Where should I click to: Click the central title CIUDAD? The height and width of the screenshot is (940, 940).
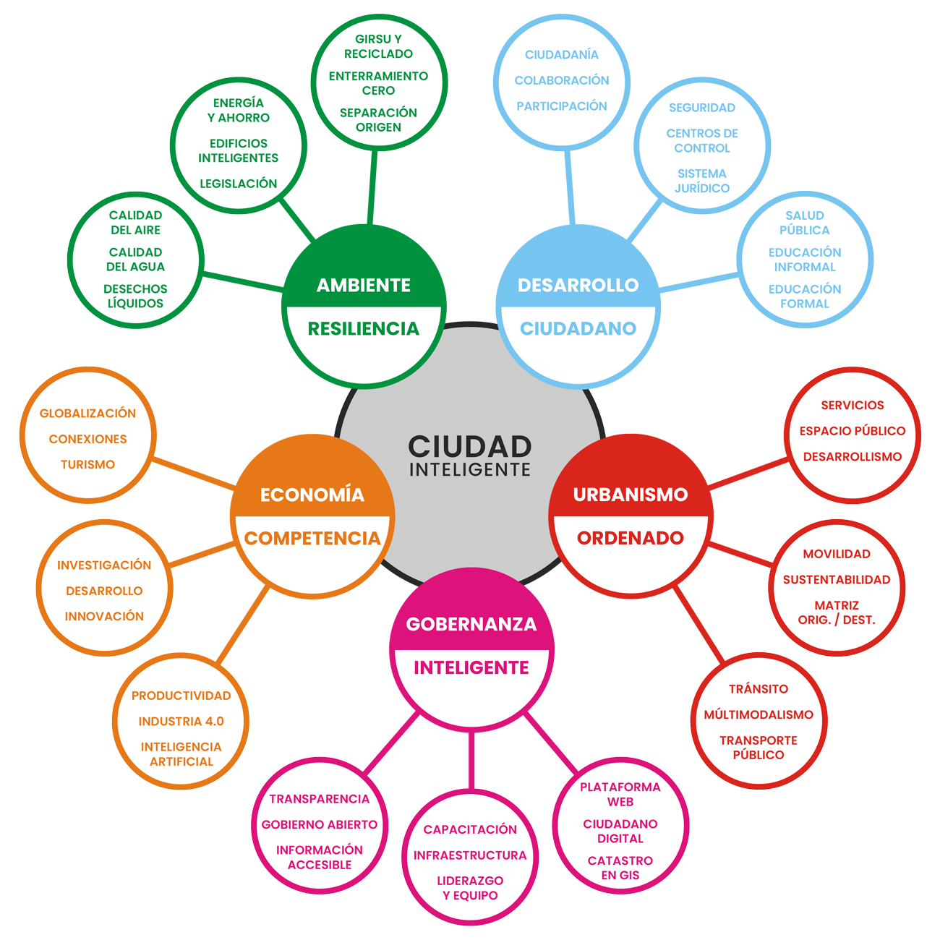[x=470, y=446]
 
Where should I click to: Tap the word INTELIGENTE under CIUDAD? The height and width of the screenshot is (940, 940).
[x=470, y=470]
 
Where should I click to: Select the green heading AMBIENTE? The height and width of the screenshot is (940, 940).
[x=363, y=286]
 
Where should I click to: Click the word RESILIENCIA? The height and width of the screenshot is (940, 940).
[x=363, y=329]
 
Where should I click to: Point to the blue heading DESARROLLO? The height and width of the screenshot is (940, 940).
[x=578, y=286]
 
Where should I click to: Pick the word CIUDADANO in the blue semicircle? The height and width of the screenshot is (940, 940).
[x=578, y=329]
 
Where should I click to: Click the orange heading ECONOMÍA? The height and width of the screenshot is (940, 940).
[x=312, y=495]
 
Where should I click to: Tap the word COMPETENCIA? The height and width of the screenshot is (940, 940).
[x=312, y=539]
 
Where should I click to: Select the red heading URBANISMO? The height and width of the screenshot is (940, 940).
[x=631, y=495]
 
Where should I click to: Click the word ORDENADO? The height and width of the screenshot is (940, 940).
[x=631, y=539]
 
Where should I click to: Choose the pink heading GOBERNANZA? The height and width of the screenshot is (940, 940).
[x=471, y=625]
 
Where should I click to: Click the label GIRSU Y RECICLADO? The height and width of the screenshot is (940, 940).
[x=378, y=46]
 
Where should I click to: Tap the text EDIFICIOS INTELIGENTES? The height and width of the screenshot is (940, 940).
[x=239, y=150]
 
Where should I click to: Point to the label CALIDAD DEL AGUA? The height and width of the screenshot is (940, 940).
[x=135, y=260]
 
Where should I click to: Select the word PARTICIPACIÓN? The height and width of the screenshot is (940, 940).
[x=562, y=106]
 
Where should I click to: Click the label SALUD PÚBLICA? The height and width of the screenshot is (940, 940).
[x=805, y=223]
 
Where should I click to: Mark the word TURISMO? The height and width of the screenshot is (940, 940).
[x=87, y=465]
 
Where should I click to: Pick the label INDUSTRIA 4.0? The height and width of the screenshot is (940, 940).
[x=181, y=722]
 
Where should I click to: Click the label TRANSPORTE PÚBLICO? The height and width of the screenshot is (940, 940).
[x=759, y=748]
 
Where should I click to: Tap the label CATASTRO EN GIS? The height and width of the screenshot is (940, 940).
[x=620, y=868]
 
